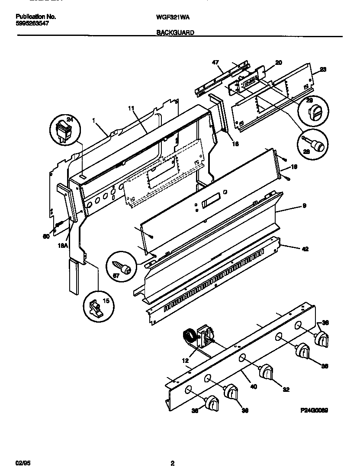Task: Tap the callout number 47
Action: click(215, 63)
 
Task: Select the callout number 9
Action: click(304, 206)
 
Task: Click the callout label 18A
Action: click(63, 245)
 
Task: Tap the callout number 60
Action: click(46, 236)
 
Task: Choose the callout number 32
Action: click(285, 388)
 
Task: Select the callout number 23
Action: click(323, 69)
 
